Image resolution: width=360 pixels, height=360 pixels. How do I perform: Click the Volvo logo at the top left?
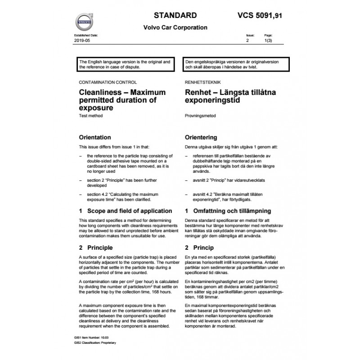pyautogui.click(x=83, y=22)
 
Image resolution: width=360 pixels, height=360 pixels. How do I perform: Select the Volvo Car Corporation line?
pyautogui.click(x=175, y=27)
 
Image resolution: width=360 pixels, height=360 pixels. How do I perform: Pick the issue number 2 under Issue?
pyautogui.click(x=247, y=40)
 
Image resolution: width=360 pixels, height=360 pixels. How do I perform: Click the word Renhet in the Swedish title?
pyautogui.click(x=200, y=92)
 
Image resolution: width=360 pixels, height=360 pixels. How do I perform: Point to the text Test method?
pyautogui.click(x=90, y=116)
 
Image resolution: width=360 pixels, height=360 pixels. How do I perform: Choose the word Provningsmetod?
pyautogui.click(x=200, y=116)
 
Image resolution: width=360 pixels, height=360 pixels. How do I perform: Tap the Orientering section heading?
pyautogui.click(x=201, y=137)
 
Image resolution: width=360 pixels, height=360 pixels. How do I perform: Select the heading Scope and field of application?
pyautogui.click(x=129, y=211)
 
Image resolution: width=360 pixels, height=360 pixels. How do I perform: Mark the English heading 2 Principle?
pyautogui.click(x=96, y=247)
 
